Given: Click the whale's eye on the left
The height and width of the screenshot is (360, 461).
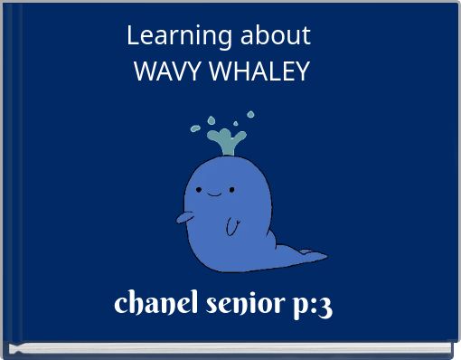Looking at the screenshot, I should point(199,190).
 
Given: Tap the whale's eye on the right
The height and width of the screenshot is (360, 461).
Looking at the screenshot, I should point(231,189).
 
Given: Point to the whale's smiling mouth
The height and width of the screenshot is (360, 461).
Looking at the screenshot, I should point(215,194).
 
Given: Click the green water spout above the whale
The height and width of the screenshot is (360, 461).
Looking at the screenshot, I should point(226,141).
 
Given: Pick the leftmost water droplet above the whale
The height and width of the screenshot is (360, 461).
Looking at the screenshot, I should point(194,129).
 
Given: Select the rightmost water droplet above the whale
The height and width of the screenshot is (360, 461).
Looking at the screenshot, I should point(250,115).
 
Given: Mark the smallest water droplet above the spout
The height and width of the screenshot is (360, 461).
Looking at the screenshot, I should point(235,122).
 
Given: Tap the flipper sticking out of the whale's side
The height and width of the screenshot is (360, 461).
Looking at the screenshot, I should point(183,218).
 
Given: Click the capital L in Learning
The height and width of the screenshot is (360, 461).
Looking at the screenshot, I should point(133,36).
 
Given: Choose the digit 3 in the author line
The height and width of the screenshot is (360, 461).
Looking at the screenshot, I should point(325,305).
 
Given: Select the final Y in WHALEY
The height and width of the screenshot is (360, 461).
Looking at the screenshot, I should point(302,71).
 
